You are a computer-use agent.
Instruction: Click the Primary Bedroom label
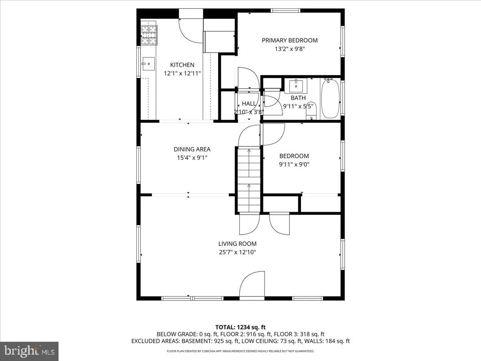click(x=289, y=40)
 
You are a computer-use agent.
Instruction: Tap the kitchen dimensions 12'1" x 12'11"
click(x=182, y=73)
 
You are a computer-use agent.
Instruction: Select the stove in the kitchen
click(x=149, y=35)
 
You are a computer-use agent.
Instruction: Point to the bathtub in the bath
click(x=330, y=98)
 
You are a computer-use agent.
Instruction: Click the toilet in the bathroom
click(x=312, y=111)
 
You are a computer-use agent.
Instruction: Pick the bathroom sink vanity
click(x=296, y=85)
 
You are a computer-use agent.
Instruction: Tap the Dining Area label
click(x=192, y=149)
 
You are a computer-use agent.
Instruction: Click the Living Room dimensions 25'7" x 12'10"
click(x=237, y=252)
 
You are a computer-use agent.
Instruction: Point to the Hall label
click(x=249, y=104)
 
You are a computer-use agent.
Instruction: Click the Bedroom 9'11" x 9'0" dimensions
click(x=294, y=164)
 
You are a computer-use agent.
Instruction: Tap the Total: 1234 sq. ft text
click(x=240, y=327)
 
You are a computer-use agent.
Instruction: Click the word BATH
click(x=298, y=98)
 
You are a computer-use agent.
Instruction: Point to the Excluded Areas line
click(x=240, y=341)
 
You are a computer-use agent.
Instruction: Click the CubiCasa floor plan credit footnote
click(x=240, y=351)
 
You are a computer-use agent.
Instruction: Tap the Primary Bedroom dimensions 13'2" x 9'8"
click(x=289, y=49)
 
